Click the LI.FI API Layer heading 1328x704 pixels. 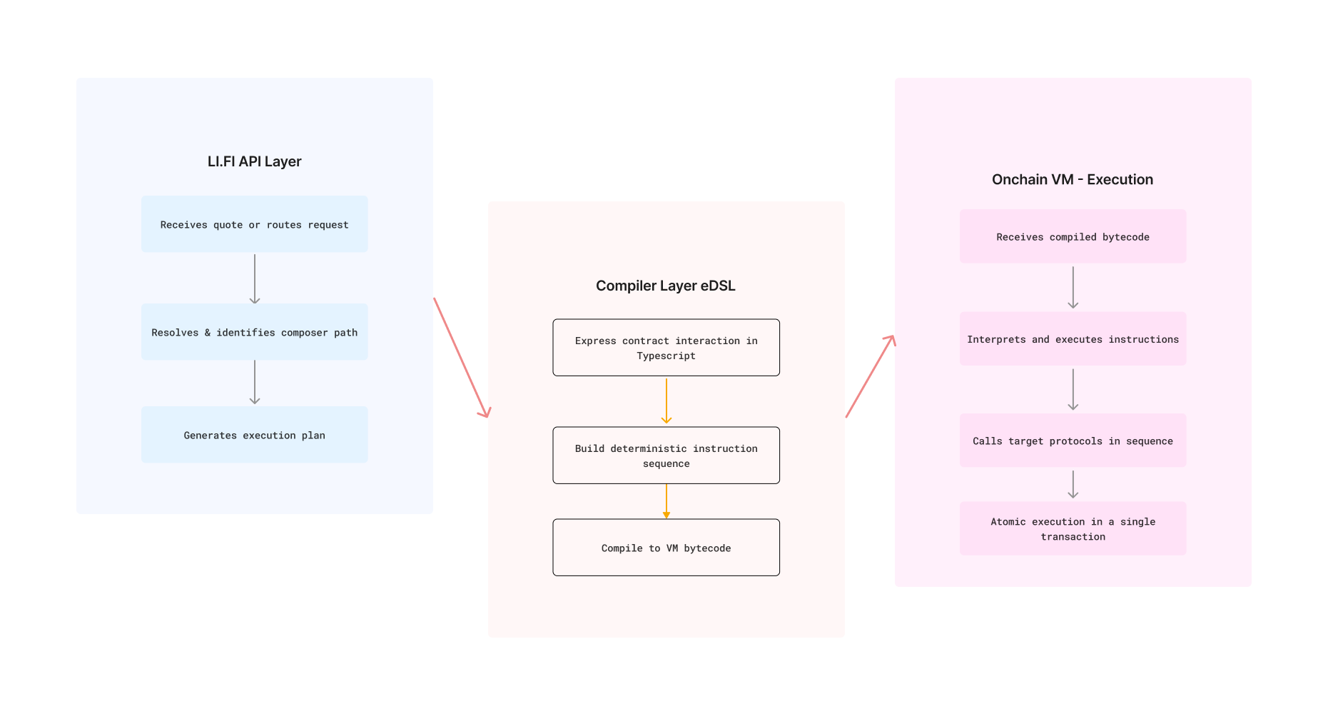(254, 161)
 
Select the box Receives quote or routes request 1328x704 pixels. (254, 224)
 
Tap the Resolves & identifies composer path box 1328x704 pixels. (254, 332)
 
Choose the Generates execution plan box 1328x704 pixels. (254, 435)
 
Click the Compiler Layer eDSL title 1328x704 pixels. (665, 286)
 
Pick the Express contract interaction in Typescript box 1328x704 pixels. (666, 348)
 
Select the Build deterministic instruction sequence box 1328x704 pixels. (666, 456)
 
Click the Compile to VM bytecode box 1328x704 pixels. (666, 548)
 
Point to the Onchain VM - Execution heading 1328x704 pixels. (1072, 179)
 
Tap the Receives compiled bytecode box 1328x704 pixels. (1073, 236)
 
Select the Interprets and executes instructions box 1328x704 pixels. (1073, 339)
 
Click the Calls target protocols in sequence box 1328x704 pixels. (1073, 441)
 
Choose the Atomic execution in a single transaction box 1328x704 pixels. (1073, 528)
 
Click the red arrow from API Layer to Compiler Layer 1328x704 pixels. (461, 357)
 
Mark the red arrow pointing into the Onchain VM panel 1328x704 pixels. (870, 376)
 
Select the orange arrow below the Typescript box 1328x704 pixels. (666, 401)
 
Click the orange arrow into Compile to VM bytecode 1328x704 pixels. (666, 501)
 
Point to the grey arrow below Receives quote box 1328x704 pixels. (255, 278)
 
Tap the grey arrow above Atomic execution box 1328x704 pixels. (1073, 484)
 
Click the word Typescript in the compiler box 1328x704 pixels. (666, 356)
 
